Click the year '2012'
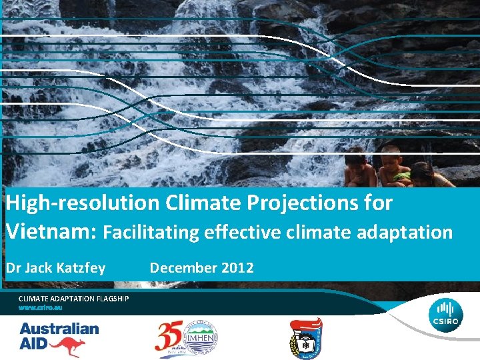[237, 268]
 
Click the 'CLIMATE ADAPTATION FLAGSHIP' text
[73, 299]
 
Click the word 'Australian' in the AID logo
[59, 328]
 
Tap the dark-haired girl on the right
[424, 173]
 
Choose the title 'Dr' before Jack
[14, 268]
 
